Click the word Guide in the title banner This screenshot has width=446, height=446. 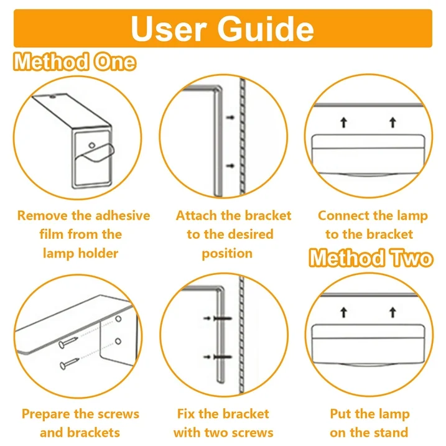point(266,29)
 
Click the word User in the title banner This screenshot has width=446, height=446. point(169,29)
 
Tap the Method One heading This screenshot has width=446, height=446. point(75,62)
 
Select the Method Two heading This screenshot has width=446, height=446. point(371,258)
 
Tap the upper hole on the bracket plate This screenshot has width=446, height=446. point(118,319)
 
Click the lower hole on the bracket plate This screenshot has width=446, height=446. point(118,341)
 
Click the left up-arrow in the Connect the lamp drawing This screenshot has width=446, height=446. point(344,123)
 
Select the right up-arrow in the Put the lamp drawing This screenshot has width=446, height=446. point(393,312)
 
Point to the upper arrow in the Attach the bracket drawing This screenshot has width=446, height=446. point(230,117)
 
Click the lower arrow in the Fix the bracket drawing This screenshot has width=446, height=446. point(207,356)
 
